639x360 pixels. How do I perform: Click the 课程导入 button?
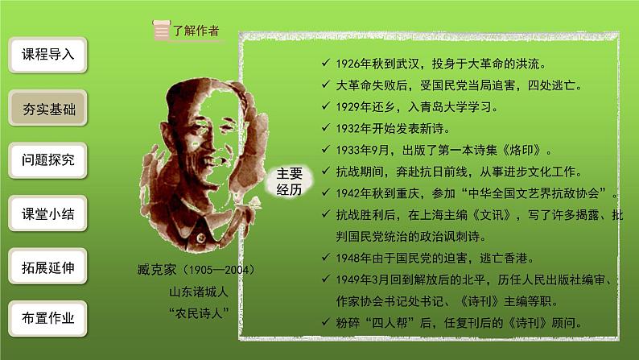coord(47,55)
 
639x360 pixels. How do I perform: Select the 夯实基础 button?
coord(47,108)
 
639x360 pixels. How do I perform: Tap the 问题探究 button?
coord(47,160)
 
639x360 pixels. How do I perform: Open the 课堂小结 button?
coord(47,214)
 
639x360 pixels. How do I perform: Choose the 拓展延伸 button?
coord(47,267)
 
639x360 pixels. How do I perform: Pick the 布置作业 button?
coord(47,318)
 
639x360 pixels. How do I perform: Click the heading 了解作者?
coord(196,31)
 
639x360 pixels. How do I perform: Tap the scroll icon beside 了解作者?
coord(162,31)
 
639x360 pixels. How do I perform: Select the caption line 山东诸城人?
coord(193,292)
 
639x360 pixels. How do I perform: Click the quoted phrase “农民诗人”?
coord(192,313)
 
